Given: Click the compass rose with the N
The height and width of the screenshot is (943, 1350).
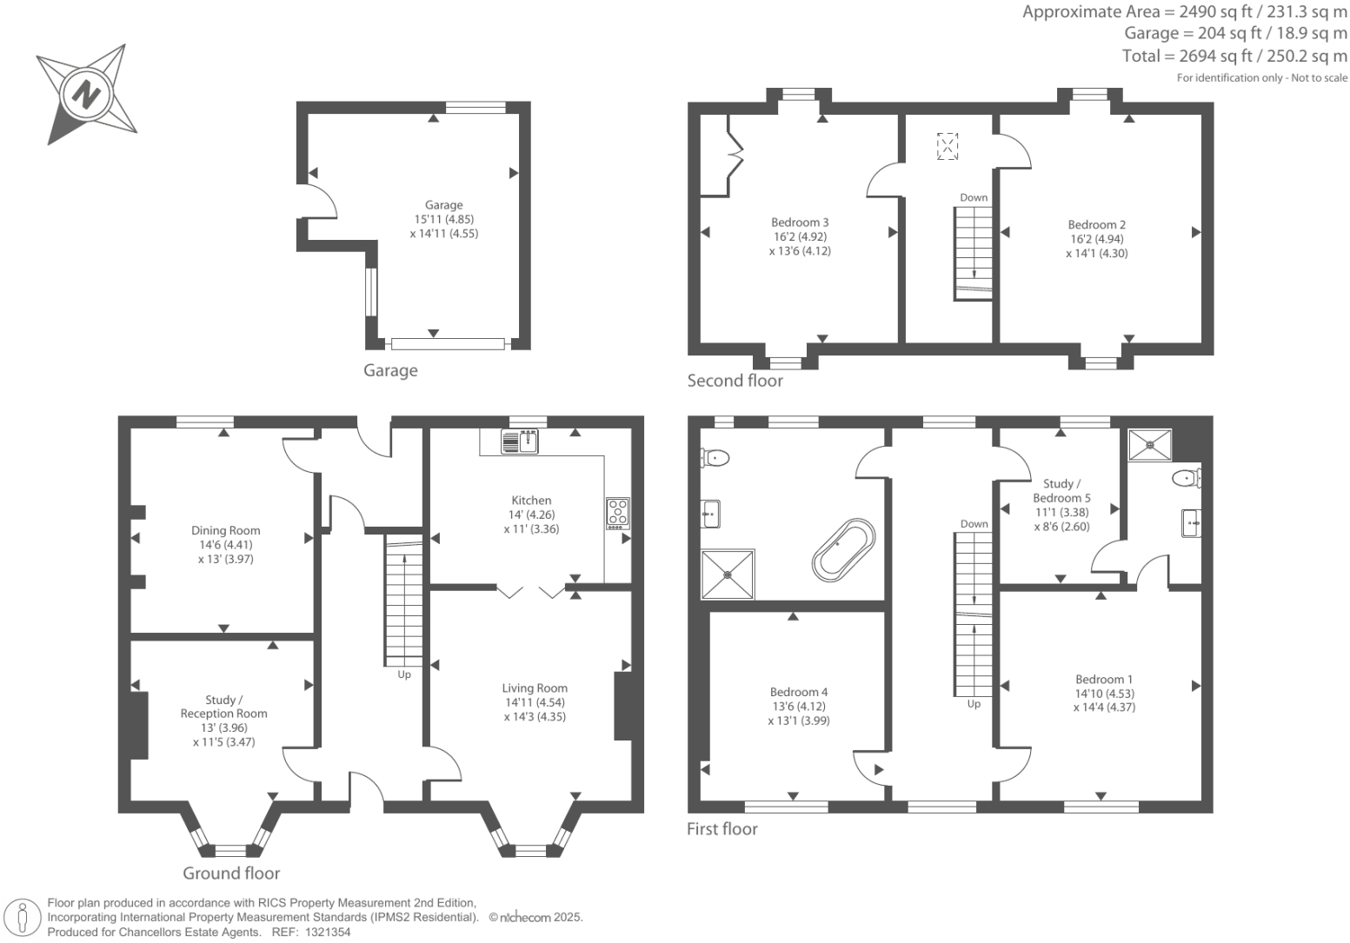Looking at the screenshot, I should [85, 93].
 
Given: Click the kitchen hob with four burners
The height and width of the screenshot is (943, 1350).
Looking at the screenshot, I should [617, 513].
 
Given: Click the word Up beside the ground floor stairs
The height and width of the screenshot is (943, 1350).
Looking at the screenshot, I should [404, 674].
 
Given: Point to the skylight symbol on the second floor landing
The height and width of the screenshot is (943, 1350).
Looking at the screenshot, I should [947, 146].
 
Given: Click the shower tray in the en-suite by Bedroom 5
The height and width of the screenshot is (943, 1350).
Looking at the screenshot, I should [1149, 444].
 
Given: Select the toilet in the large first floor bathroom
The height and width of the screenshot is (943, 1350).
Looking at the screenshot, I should [715, 457].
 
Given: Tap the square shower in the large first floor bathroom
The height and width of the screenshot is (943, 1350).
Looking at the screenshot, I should [728, 574].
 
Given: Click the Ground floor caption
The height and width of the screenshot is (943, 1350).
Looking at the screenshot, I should [231, 873].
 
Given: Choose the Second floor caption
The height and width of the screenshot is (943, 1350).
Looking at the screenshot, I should [735, 381].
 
